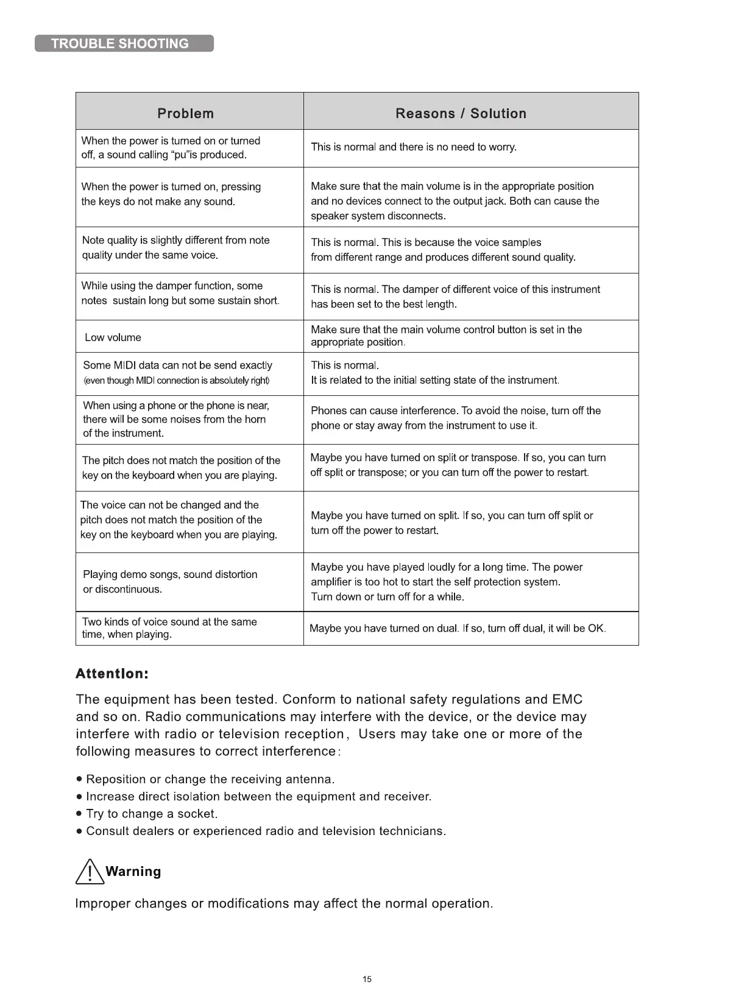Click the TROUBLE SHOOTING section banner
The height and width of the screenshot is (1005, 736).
coord(124,43)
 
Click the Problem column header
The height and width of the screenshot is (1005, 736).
coord(185,113)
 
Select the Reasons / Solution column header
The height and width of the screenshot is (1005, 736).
coord(461,113)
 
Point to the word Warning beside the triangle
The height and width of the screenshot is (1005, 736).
coord(133,872)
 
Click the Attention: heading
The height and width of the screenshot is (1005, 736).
coord(112,674)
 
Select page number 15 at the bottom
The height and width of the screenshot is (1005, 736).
coord(367,979)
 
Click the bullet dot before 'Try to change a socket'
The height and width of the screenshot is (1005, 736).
coord(79,814)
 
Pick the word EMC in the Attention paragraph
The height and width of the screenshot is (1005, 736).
coord(567,699)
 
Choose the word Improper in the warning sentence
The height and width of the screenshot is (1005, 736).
coord(102,903)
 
